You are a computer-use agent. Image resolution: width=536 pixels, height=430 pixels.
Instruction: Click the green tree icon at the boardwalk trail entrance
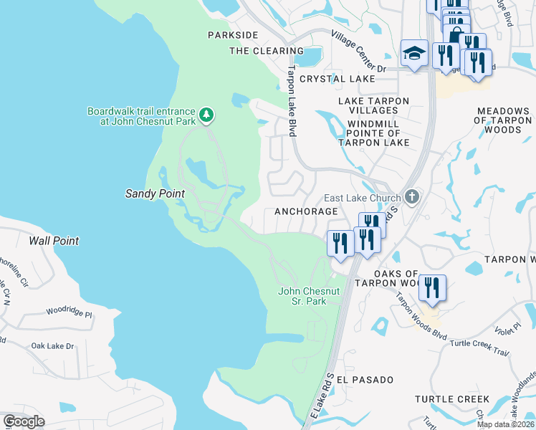tap(206, 115)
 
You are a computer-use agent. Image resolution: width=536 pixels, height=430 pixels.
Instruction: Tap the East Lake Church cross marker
tap(411, 196)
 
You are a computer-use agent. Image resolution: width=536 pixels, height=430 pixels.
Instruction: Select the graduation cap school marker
tap(414, 54)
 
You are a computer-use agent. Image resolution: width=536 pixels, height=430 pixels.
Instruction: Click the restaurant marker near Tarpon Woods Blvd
tap(432, 289)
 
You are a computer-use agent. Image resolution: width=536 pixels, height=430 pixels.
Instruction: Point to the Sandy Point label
tap(155, 193)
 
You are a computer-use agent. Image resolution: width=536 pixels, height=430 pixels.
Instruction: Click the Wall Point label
tap(54, 241)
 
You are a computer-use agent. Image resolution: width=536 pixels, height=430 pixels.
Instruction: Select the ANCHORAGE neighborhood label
tap(306, 212)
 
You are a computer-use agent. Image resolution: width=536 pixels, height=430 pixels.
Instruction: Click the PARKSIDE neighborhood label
tap(232, 35)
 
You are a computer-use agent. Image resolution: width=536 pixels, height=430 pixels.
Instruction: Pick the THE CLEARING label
tap(267, 51)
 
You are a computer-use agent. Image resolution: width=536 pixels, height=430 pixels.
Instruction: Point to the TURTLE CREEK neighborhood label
tap(452, 399)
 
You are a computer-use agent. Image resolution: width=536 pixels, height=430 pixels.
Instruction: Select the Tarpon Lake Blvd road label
tap(292, 102)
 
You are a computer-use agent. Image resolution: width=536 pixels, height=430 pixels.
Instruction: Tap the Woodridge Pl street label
tap(70, 312)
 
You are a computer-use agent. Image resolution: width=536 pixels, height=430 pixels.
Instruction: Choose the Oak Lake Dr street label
tap(52, 346)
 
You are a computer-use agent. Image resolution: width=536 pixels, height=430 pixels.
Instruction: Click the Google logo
tap(24, 421)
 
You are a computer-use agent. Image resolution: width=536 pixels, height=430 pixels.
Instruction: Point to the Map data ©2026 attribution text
tap(505, 424)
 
